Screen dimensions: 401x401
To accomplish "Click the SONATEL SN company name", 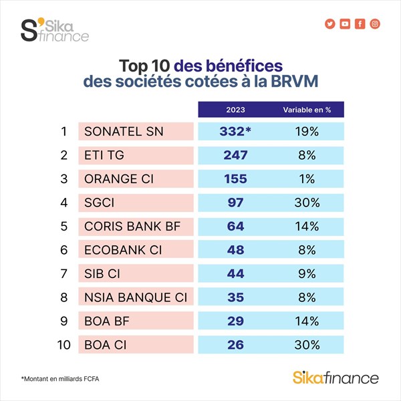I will pyautogui.click(x=124, y=131).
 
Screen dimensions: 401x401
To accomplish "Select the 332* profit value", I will pyautogui.click(x=235, y=131).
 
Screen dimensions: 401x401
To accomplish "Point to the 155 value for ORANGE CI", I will pyautogui.click(x=235, y=178).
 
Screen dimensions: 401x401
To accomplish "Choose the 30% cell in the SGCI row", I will pyautogui.click(x=306, y=202).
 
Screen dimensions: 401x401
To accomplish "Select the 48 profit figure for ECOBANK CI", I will pyautogui.click(x=235, y=249).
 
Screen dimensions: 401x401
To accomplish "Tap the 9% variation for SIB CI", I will pyautogui.click(x=306, y=273).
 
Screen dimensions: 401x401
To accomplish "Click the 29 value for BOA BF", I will pyautogui.click(x=235, y=320).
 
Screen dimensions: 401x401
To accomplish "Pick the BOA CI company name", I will pyautogui.click(x=106, y=344).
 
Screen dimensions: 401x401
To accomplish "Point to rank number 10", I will pyautogui.click(x=63, y=344).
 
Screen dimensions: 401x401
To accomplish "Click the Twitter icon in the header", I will pyautogui.click(x=329, y=24).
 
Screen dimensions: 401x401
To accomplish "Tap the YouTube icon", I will pyautogui.click(x=345, y=24).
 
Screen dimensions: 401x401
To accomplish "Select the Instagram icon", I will pyautogui.click(x=376, y=24).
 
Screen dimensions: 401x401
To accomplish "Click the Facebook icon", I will pyautogui.click(x=360, y=24).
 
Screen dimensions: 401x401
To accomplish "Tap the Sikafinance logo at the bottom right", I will pyautogui.click(x=336, y=378).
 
